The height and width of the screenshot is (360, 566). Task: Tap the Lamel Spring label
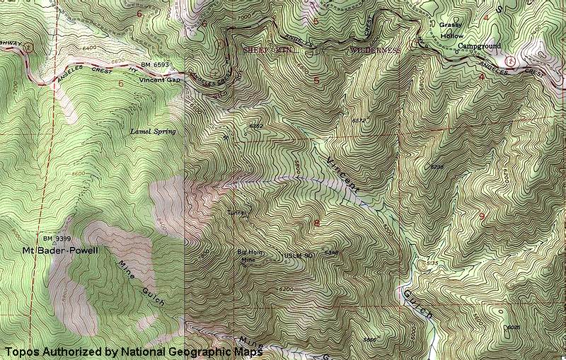(x=153, y=131)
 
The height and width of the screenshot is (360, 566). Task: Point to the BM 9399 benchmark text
(x=58, y=239)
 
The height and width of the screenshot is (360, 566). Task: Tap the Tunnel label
(x=236, y=212)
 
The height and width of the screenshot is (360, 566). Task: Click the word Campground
(x=479, y=46)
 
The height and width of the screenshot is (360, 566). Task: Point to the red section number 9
(x=483, y=216)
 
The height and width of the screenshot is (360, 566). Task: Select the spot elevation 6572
(x=359, y=121)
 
